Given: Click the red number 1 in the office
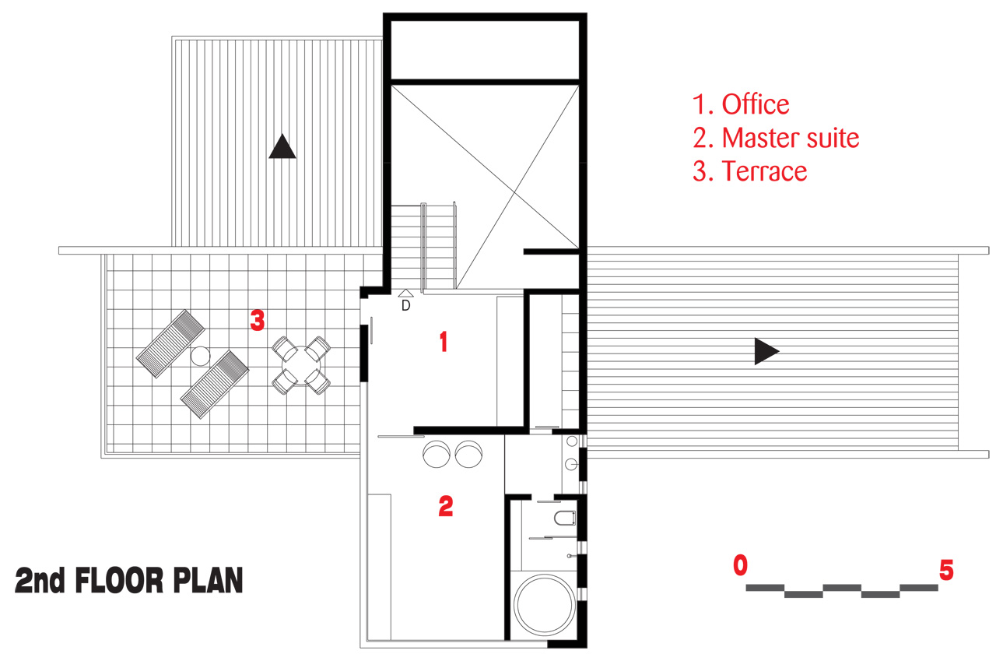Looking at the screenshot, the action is (444, 342).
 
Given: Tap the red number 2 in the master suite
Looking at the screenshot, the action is (446, 506).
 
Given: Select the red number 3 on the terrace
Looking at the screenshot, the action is (258, 320).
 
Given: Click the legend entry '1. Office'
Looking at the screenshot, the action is (741, 104).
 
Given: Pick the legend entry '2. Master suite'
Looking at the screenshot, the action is (776, 138).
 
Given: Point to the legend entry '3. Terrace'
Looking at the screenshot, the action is (749, 171).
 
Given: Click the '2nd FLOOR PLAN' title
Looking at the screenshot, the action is (129, 580).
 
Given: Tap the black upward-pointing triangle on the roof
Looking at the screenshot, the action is (282, 146).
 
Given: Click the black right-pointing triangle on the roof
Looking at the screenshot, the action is (766, 351).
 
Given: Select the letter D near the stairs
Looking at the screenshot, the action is (405, 306).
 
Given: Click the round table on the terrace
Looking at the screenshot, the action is (301, 365).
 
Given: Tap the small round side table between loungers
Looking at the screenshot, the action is (200, 356).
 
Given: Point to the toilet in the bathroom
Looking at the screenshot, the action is (565, 518).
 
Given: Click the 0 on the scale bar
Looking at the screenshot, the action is (740, 565).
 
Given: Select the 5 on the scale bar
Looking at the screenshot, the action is (946, 570).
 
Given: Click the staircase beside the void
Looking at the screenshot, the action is (424, 247).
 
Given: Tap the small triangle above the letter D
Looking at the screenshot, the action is (405, 294).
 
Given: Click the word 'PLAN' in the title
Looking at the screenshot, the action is (208, 580).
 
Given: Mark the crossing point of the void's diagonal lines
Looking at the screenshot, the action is (515, 192).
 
